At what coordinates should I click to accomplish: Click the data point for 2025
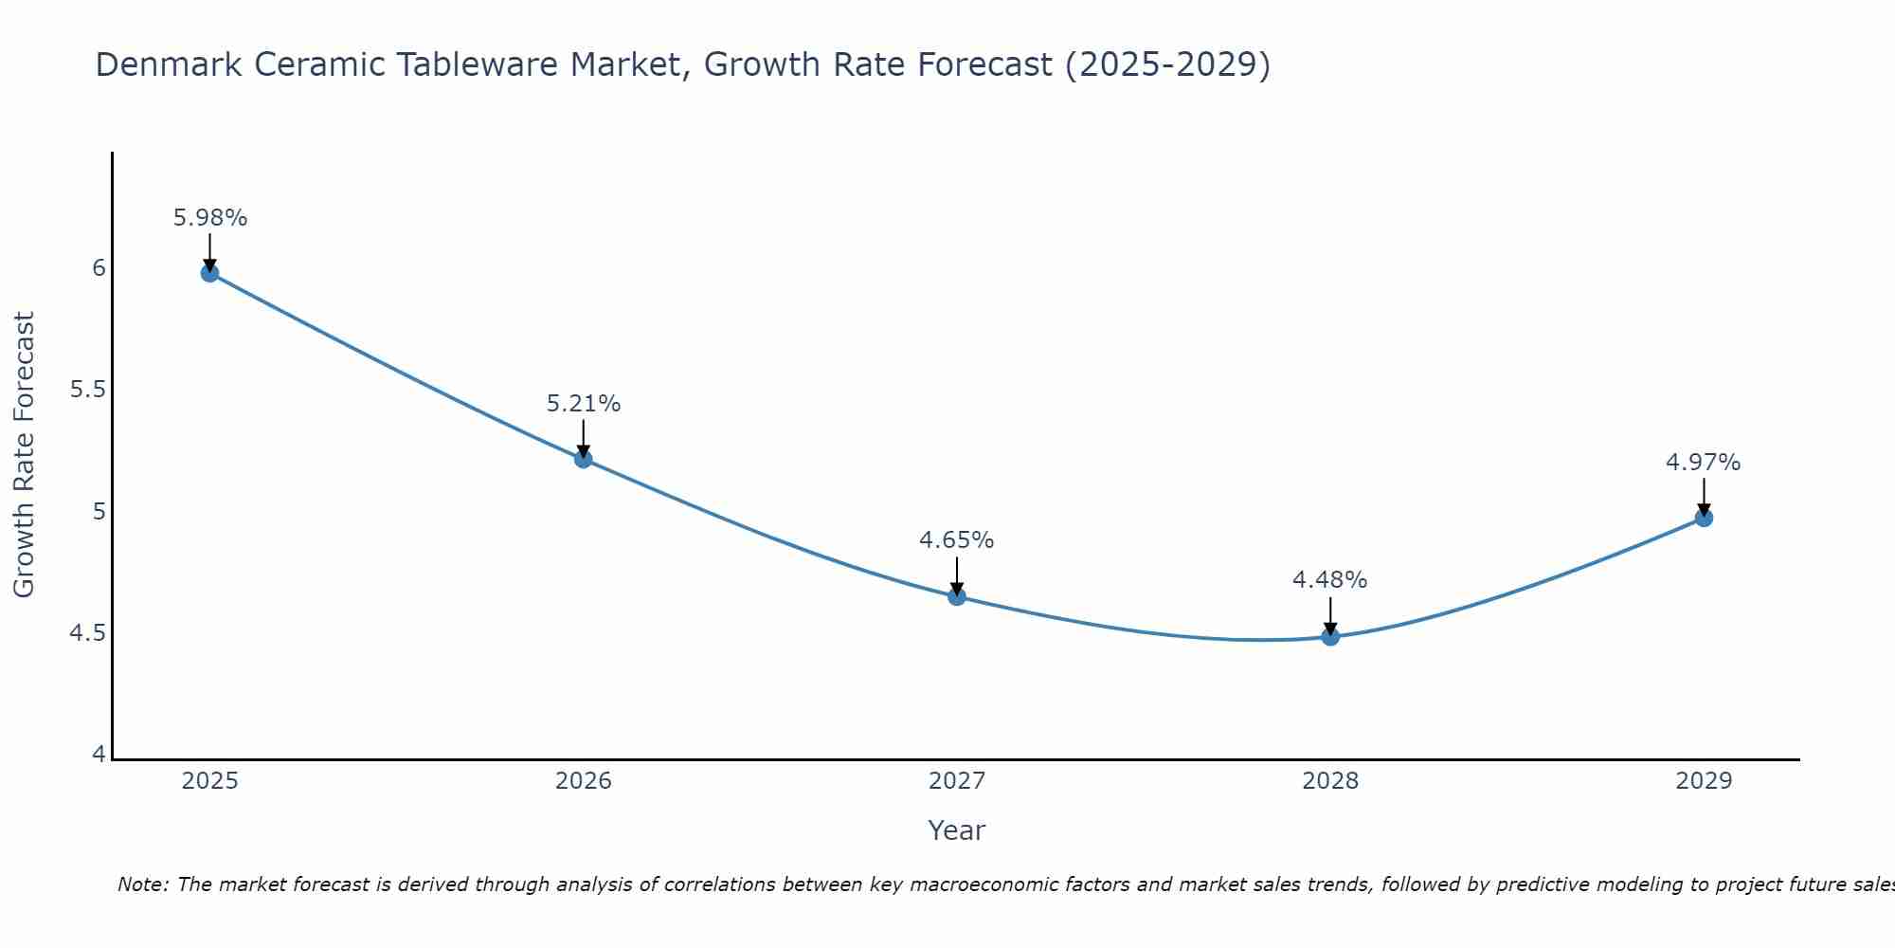tap(209, 273)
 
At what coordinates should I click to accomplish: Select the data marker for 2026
tap(584, 459)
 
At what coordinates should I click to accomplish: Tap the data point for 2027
tap(957, 596)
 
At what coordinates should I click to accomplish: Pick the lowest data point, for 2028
tap(1330, 636)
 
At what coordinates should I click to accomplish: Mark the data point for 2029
tap(1704, 518)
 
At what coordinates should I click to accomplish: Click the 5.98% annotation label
tap(210, 218)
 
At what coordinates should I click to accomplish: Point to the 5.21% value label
tap(584, 404)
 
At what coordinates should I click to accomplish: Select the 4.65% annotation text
tap(957, 540)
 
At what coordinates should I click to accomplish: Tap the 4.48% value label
tap(1330, 580)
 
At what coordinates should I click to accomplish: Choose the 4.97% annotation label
tap(1704, 463)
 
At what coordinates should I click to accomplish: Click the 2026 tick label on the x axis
tap(584, 781)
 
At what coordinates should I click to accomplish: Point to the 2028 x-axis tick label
tap(1330, 781)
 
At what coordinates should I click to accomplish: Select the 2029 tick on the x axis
tap(1704, 781)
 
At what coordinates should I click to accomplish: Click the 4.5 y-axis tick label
tap(87, 632)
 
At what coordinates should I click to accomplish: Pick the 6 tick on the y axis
tap(99, 268)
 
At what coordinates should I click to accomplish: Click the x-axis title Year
tap(957, 830)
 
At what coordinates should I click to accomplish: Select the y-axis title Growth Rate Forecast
tap(25, 455)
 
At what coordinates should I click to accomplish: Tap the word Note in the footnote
tap(142, 884)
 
